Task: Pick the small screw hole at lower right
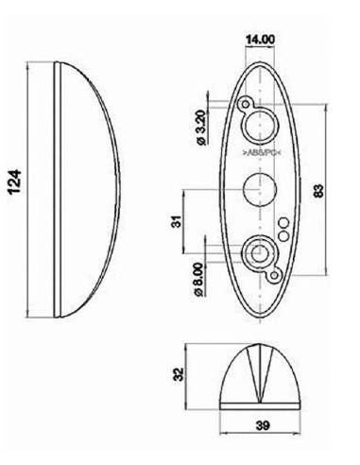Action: [x=273, y=276]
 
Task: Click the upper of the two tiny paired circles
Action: [x=283, y=221]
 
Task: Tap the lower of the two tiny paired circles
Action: [x=283, y=232]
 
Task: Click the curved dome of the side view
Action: [x=94, y=189]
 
